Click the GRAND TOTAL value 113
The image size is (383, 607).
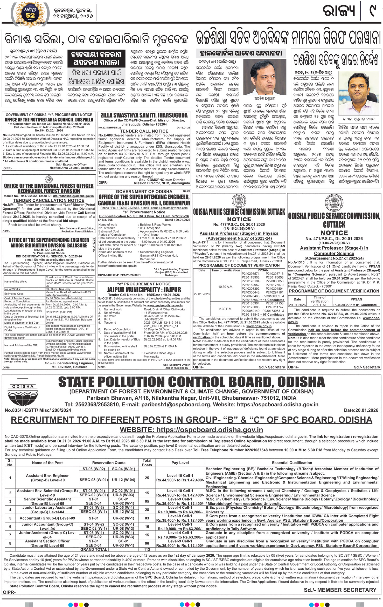[147, 549]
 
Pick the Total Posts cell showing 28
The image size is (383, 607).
[147, 510]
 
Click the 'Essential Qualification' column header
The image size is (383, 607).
[292, 462]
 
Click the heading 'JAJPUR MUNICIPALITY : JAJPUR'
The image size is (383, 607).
[144, 289]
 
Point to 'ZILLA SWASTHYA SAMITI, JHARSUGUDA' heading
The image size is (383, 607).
[144, 115]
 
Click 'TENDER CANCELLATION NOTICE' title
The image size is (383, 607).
[48, 200]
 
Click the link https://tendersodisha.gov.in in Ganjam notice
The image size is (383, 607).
[117, 266]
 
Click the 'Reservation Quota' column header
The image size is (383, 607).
[109, 462]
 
